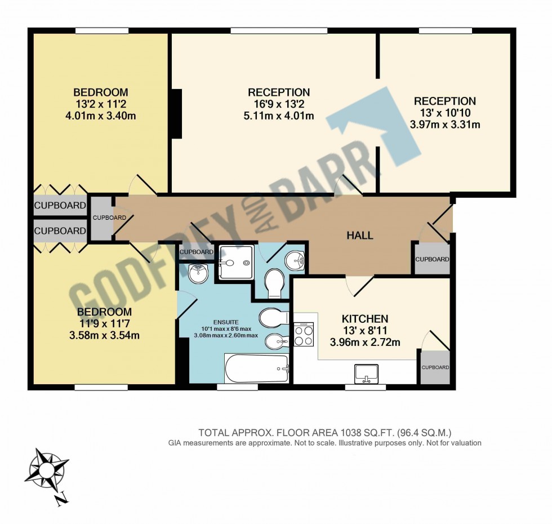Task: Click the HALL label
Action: [359, 236]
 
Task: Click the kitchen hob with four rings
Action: [304, 336]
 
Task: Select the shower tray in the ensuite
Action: [236, 262]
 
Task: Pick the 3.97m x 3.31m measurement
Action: [445, 124]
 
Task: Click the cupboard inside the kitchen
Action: [435, 367]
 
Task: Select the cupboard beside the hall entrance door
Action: [432, 259]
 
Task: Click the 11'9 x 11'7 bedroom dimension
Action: [104, 324]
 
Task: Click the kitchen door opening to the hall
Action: [359, 285]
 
